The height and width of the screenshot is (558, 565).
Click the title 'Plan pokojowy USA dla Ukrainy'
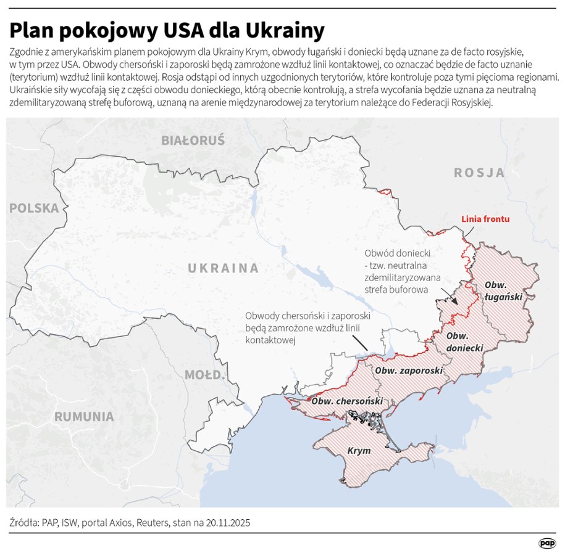[x=167, y=30]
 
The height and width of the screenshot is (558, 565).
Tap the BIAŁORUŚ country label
[x=193, y=141]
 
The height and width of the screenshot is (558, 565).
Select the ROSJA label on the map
[x=479, y=173]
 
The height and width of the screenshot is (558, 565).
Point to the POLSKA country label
[x=34, y=208]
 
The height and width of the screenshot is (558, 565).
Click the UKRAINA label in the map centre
[x=223, y=268]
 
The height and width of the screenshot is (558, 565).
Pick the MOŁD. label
[x=204, y=375]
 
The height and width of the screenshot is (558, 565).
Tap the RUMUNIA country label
[x=84, y=416]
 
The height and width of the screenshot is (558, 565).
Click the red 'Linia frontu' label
[x=486, y=219]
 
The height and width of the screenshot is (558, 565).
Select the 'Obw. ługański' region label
[x=503, y=290]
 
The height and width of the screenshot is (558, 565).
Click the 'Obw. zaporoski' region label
[x=409, y=371]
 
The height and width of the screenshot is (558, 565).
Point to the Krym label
[x=359, y=451]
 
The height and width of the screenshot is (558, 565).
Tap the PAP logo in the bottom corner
[x=546, y=543]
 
